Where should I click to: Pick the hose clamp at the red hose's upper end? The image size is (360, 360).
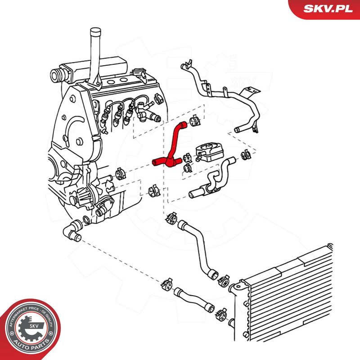point(195,120)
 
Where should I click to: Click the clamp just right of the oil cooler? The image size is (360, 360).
point(245,154)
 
